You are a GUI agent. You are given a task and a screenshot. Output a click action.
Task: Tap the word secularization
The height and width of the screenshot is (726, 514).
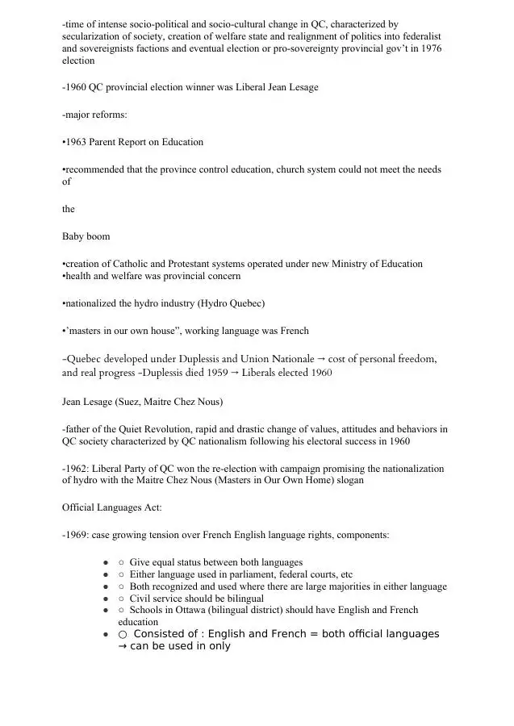92,37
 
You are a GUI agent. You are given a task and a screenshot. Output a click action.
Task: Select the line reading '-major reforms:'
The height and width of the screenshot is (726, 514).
94,115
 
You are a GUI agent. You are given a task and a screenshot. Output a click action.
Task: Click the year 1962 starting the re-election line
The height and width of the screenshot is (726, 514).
77,469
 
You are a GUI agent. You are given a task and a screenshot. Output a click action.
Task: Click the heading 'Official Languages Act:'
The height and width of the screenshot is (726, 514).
112,507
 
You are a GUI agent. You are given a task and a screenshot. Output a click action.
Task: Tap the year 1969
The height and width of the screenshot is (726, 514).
77,535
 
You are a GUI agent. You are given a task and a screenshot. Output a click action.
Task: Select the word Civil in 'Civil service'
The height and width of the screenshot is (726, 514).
141,599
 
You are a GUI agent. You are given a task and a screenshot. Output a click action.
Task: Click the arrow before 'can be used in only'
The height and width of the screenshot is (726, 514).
123,646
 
